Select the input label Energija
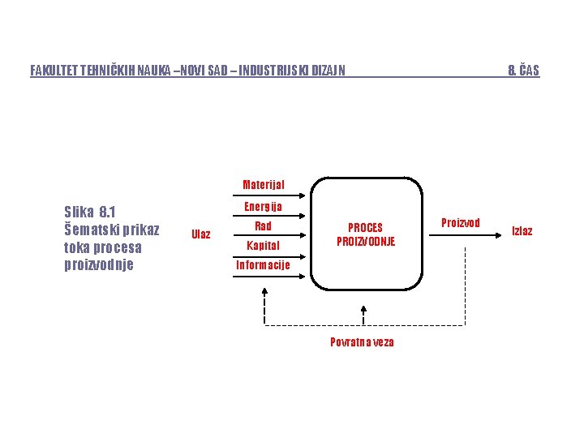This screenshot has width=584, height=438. click(x=263, y=207)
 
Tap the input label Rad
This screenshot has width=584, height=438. click(x=263, y=226)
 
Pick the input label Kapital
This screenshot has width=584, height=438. click(x=263, y=245)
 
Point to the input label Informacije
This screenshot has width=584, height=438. click(x=263, y=265)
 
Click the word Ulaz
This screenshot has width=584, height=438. click(x=200, y=234)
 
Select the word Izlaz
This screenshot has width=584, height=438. click(x=522, y=231)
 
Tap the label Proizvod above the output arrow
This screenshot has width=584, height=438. click(x=460, y=222)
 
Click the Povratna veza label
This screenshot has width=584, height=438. click(x=362, y=341)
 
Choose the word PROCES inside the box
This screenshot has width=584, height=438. click(x=365, y=228)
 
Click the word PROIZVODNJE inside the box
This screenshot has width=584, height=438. click(x=366, y=242)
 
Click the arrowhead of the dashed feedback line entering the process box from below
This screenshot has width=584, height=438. click(x=363, y=311)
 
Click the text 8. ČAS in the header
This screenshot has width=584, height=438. click(x=523, y=71)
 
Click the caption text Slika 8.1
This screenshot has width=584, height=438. click(x=89, y=213)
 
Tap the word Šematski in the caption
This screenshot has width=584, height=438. click(x=89, y=230)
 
